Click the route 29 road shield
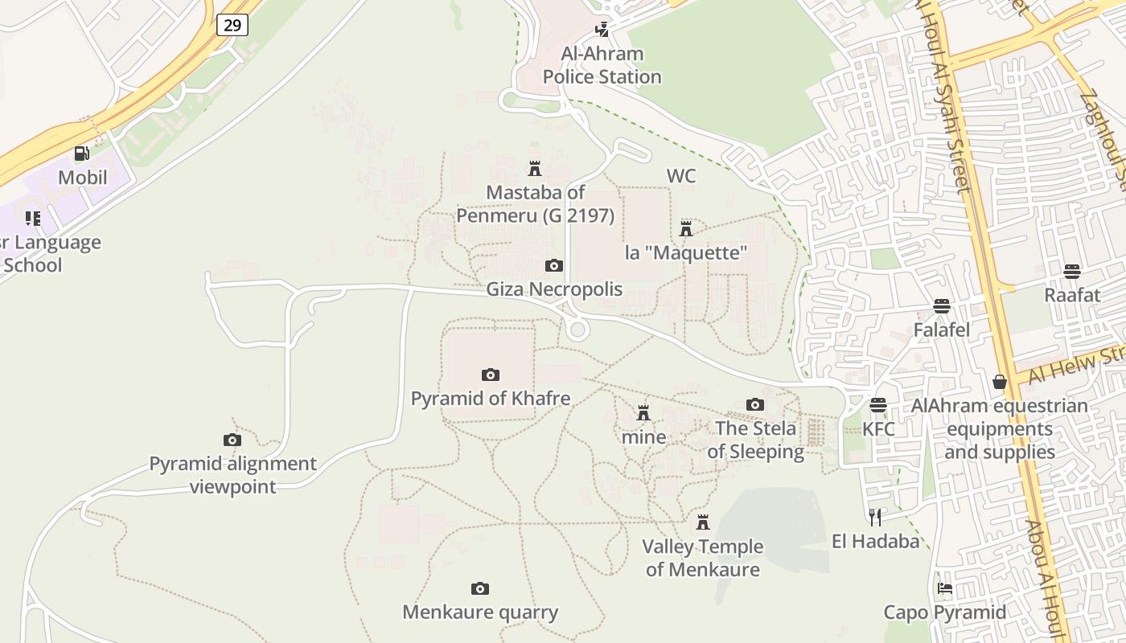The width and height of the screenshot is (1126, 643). pos(232,25)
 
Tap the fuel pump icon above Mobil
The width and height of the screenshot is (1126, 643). pos(81,153)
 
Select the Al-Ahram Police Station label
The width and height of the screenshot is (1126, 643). pos(602,66)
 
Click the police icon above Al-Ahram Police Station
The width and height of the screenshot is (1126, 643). pos(602,30)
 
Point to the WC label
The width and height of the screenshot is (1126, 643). pos(681,176)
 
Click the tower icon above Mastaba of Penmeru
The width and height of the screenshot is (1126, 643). pos(534,169)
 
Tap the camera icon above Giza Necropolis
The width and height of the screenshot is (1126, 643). pos(554,266)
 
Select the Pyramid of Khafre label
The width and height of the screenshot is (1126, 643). pos(491,399)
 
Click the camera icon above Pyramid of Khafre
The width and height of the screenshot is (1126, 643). pos(490,375)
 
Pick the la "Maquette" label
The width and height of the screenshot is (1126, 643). pos(686,252)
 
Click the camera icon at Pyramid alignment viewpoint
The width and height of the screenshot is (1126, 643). pos(232,440)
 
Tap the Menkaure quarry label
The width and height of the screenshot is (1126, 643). pos(480,612)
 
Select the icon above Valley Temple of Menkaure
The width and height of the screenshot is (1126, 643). pos(703,522)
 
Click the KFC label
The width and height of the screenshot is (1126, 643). pos(878,429)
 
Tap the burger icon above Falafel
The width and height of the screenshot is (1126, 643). pos(942,306)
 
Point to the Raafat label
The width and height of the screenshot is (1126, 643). pos(1072,295)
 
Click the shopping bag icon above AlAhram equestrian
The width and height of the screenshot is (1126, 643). pos(1000,382)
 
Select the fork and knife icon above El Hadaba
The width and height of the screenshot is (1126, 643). pos(875,517)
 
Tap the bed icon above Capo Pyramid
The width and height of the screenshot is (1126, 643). pos(945,588)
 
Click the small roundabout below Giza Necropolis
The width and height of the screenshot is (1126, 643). pos(576,330)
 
